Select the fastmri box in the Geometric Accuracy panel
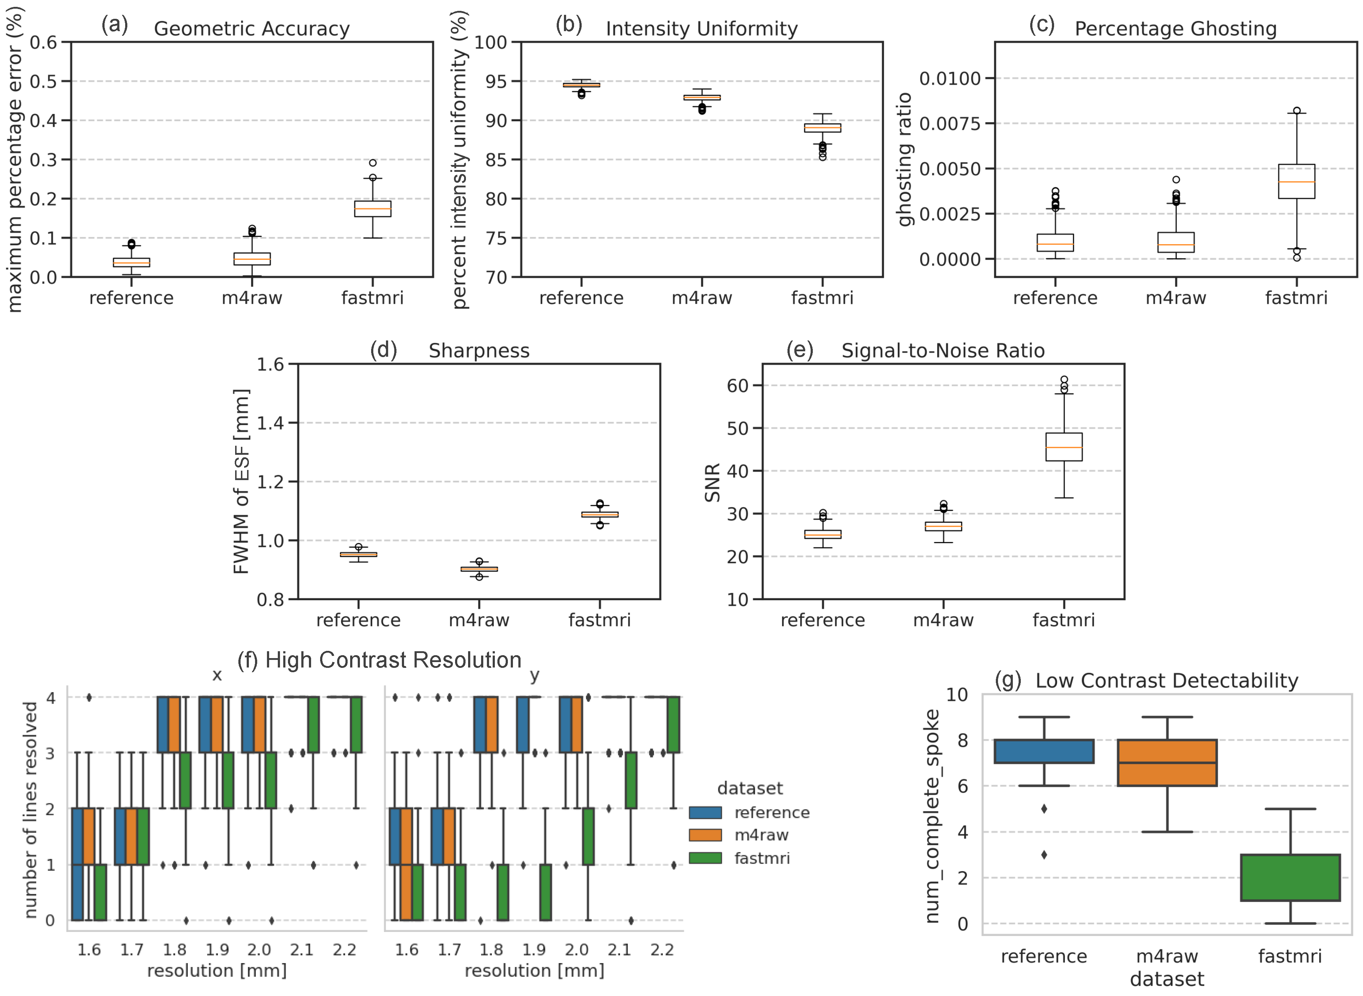[x=373, y=209]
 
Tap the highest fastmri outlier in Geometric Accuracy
[x=373, y=163]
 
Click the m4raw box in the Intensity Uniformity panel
[x=702, y=97]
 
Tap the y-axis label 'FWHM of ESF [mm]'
[x=241, y=481]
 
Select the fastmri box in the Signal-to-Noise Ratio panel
[x=1063, y=447]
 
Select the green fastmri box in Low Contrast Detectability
[x=1290, y=877]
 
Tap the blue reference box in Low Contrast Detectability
[x=1044, y=751]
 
